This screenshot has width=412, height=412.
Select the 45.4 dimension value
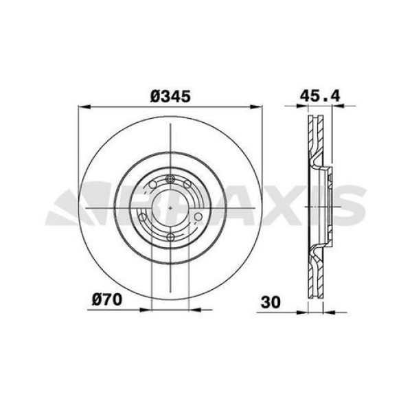click(x=319, y=97)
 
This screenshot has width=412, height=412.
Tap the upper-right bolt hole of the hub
click(x=187, y=183)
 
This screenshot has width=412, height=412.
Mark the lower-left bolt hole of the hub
click(x=143, y=217)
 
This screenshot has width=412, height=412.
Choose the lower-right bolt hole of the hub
click(x=198, y=217)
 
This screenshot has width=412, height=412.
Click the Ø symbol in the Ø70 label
click(x=96, y=299)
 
